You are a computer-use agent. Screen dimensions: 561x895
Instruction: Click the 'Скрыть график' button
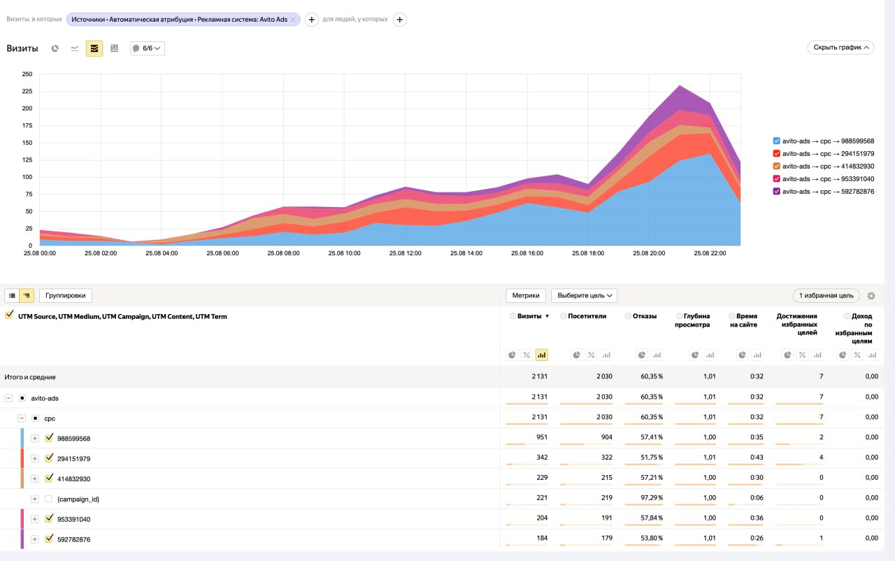pos(840,48)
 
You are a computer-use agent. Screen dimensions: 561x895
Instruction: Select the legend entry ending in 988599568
pos(828,141)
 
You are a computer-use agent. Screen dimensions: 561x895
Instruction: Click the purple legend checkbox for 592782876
pos(776,191)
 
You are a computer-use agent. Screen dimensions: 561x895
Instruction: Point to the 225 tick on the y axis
pos(27,91)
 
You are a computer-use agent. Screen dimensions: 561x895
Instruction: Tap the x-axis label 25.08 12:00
pos(405,253)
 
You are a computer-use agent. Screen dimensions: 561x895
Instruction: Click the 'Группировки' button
pos(66,296)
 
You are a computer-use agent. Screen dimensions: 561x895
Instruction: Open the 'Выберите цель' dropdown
pos(584,296)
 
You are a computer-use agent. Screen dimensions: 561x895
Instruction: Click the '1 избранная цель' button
pos(826,296)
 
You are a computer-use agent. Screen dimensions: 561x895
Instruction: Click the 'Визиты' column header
pos(529,316)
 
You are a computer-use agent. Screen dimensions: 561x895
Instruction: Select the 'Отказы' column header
pos(644,316)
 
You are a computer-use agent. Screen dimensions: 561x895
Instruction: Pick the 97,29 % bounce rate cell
pos(651,498)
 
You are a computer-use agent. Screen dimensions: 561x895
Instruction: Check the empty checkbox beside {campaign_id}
pos(49,499)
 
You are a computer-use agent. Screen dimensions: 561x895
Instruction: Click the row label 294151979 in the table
pos(73,459)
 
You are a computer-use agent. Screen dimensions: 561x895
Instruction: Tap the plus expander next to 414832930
pos(35,479)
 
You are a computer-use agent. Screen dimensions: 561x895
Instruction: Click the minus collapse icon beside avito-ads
pos(8,398)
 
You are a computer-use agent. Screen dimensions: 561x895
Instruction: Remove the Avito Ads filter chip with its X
pos(293,20)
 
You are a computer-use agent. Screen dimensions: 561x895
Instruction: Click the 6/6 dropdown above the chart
pos(148,48)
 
